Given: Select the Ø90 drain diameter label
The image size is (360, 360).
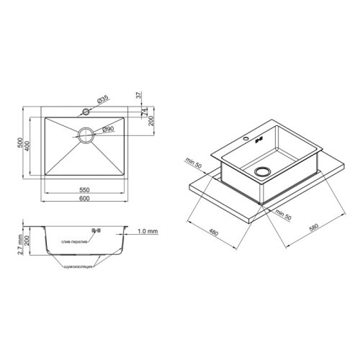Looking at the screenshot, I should (109, 129).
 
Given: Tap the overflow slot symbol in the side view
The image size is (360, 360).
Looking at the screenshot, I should (93, 231).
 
